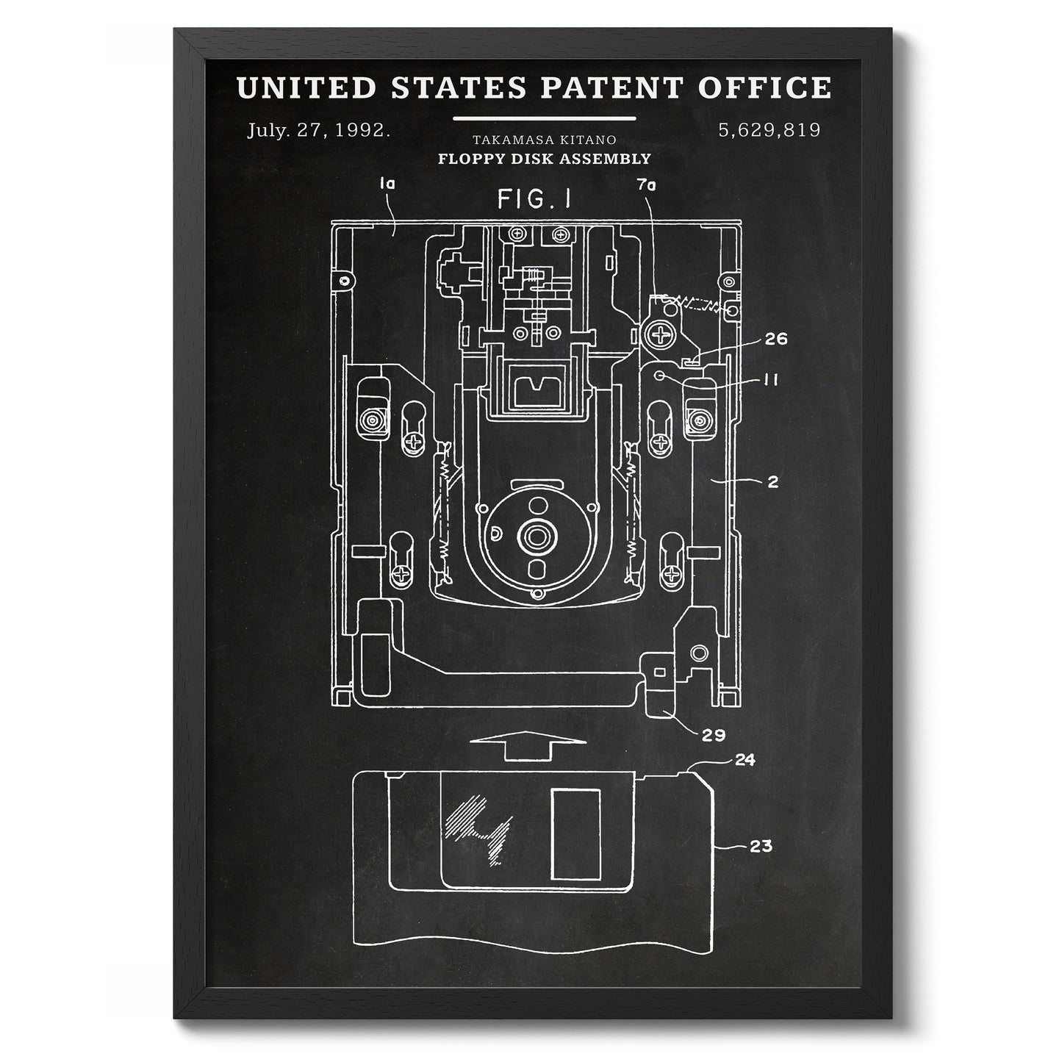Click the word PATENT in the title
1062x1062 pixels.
[611, 87]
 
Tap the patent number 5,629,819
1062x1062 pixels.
[769, 130]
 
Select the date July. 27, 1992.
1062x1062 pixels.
[318, 131]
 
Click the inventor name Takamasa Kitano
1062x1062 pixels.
[544, 140]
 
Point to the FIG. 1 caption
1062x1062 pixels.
[534, 199]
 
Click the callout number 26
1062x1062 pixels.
[776, 338]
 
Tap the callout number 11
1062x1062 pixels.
[770, 379]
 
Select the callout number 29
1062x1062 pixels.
[714, 735]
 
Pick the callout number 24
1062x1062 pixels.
[745, 760]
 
